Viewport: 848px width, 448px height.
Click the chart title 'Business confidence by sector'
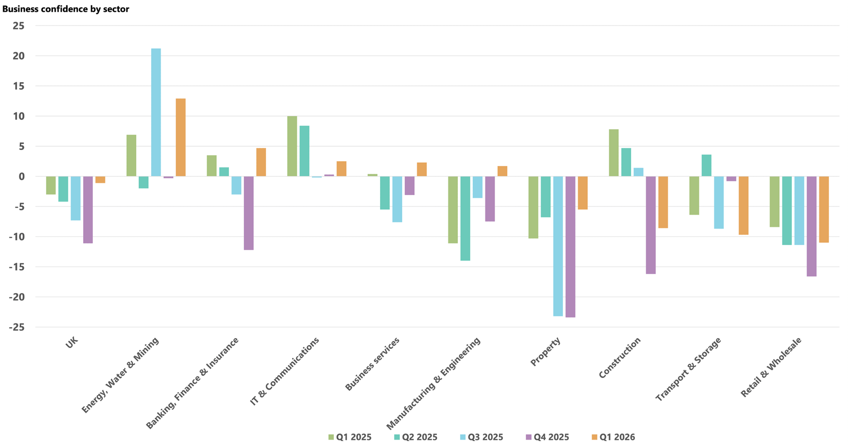[66, 9]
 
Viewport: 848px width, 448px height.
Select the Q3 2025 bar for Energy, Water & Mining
[156, 112]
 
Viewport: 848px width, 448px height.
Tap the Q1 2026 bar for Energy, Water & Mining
[181, 137]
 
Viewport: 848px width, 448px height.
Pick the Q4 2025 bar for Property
[570, 247]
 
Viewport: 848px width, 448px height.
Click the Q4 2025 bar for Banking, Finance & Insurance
[249, 213]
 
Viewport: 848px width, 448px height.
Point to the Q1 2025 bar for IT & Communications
[292, 146]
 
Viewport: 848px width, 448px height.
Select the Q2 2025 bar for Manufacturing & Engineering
[465, 218]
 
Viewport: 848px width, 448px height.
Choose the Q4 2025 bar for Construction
[651, 225]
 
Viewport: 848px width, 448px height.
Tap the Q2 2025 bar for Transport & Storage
[706, 165]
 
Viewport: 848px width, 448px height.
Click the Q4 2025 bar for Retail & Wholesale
[811, 226]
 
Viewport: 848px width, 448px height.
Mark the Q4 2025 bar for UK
[88, 209]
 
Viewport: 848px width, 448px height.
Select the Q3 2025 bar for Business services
[397, 199]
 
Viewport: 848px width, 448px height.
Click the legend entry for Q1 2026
[613, 437]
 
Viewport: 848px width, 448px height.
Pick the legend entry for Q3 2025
[481, 437]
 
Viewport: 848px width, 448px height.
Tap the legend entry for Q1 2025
[350, 437]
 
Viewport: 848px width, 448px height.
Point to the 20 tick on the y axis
[19, 56]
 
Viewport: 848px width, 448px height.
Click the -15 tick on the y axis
[16, 267]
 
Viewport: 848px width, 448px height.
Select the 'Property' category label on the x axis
[545, 352]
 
